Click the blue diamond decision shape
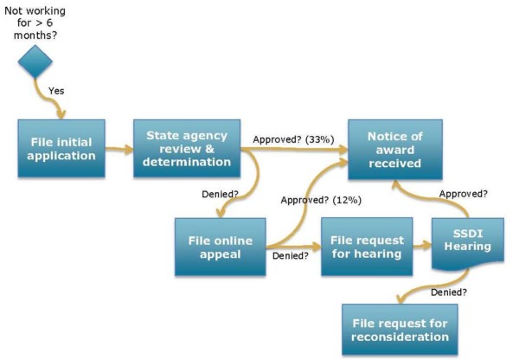tap(36, 61)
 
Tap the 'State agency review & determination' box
tap(187, 148)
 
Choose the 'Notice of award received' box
tap(394, 150)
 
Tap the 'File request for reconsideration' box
tap(400, 330)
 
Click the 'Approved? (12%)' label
tap(321, 200)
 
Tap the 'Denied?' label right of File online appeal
tap(292, 256)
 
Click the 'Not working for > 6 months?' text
tap(35, 19)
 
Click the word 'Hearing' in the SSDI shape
tap(467, 247)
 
